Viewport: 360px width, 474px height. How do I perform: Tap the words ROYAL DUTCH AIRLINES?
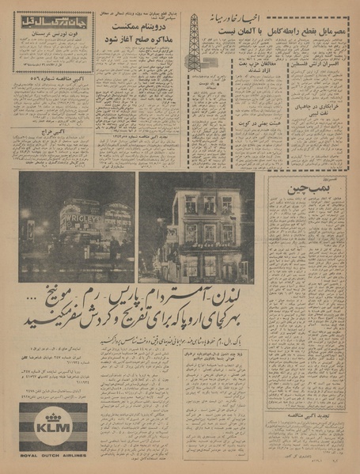click(x=54, y=454)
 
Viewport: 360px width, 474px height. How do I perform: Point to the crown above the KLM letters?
click(x=54, y=415)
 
